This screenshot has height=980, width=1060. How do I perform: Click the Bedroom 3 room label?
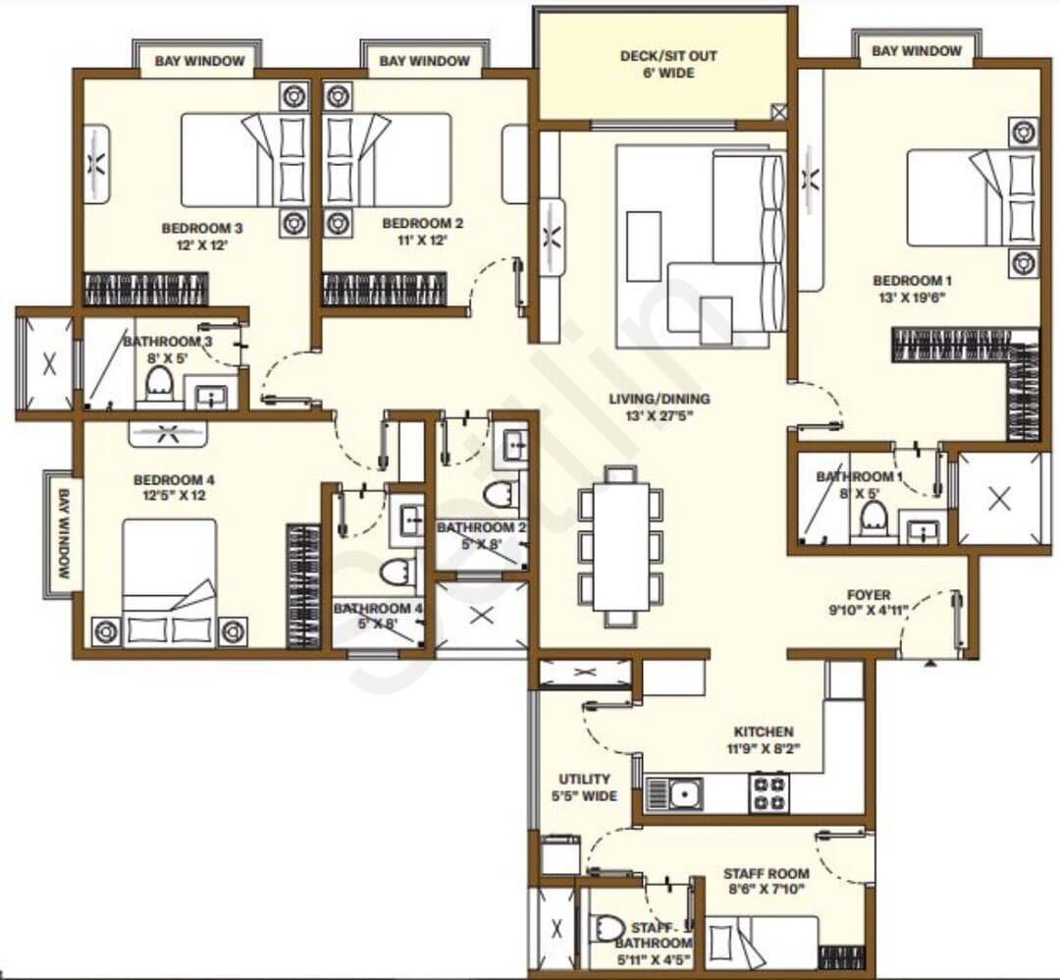202,228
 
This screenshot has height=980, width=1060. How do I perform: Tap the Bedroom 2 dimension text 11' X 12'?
422,241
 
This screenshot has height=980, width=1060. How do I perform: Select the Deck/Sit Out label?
668,55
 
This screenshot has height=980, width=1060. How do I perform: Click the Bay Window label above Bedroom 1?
916,51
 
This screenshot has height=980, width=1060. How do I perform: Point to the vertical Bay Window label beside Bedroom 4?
64,533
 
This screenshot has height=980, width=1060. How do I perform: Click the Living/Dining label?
660,399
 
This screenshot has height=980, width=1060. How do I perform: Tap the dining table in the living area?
620,546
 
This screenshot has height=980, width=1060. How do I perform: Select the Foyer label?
869,595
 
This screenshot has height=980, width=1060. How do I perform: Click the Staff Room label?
766,873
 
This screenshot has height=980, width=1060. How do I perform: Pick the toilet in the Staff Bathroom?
608,929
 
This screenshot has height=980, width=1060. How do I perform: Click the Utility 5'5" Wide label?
584,788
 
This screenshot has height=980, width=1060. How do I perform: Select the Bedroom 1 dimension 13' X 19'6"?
911,298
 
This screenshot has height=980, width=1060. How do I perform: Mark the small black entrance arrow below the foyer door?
930,663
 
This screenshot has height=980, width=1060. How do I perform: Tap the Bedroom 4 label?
174,480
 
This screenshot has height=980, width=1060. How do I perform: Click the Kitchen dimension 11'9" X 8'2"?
764,748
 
